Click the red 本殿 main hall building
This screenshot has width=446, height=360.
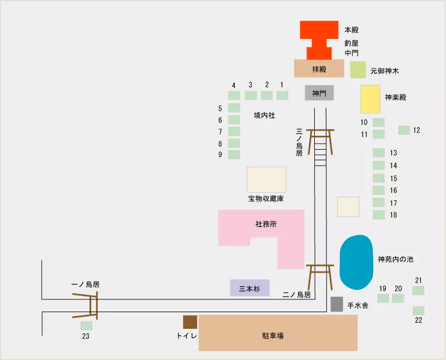coord(319,29)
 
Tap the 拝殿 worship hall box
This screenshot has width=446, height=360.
coord(319,68)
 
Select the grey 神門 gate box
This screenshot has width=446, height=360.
coord(319,93)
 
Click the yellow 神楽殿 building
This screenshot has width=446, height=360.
coord(370,99)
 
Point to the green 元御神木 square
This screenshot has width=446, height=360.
coord(358,70)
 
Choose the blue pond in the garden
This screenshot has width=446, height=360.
coord(356,262)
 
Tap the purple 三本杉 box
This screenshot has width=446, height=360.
coord(250,288)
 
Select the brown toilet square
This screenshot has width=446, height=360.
coord(190,322)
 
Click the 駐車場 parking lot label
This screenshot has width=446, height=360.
coord(273,336)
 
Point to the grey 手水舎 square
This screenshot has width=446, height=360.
coord(336,304)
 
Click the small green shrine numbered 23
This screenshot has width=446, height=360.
coord(86,326)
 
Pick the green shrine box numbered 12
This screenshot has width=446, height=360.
coord(404,130)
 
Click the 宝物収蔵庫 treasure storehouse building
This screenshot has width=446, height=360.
coord(266,179)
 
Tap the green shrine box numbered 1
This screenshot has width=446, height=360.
coord(282,95)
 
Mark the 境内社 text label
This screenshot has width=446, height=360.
coord(264,115)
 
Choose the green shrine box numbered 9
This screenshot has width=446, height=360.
coord(234,154)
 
